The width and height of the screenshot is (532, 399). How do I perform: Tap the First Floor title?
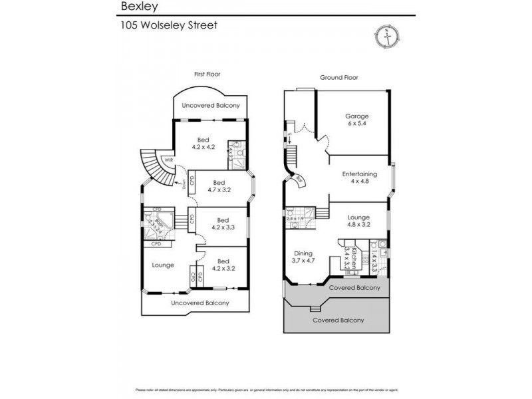[x=207, y=74]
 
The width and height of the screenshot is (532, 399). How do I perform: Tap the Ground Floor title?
[x=338, y=78]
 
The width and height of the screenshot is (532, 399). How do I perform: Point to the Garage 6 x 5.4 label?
[x=356, y=120]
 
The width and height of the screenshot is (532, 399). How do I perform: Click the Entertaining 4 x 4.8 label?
[x=360, y=178]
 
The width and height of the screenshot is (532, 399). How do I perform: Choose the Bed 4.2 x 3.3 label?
[x=222, y=224]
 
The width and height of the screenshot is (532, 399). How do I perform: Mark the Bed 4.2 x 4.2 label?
[x=203, y=143]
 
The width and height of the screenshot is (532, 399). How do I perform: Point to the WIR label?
[x=169, y=160]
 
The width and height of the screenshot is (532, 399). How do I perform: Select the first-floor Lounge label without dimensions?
[x=163, y=265]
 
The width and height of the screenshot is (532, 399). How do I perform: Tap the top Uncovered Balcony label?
[x=211, y=106]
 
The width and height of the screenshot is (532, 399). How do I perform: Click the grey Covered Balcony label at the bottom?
[x=338, y=320]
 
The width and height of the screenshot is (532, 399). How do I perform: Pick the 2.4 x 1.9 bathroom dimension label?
[x=295, y=218]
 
